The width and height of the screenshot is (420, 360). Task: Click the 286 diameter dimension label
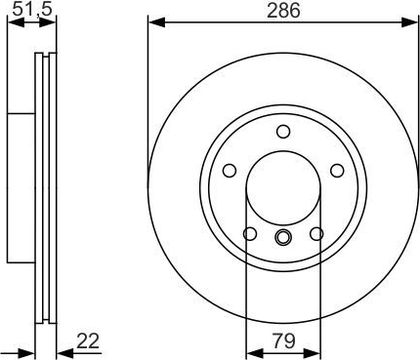284,10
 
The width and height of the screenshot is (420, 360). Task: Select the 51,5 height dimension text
32,9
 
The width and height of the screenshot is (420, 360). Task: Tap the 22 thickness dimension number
88,341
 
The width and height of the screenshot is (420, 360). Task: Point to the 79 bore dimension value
284,341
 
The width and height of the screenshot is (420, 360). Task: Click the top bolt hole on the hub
283,131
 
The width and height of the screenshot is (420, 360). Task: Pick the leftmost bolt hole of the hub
229,170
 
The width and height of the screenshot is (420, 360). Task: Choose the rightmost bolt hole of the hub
337,170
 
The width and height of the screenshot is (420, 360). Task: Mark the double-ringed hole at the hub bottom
283,237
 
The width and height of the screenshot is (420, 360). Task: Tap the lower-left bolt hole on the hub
250,234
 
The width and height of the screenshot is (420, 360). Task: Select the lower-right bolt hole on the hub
316,234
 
